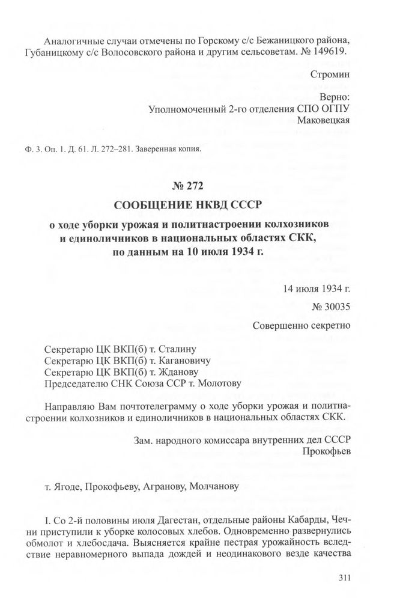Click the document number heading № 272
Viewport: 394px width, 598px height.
tap(196, 186)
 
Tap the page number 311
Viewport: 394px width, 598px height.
tap(344, 579)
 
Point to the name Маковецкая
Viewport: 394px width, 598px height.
tap(323, 120)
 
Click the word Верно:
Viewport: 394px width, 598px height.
tap(336, 97)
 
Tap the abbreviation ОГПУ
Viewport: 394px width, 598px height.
tap(334, 108)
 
